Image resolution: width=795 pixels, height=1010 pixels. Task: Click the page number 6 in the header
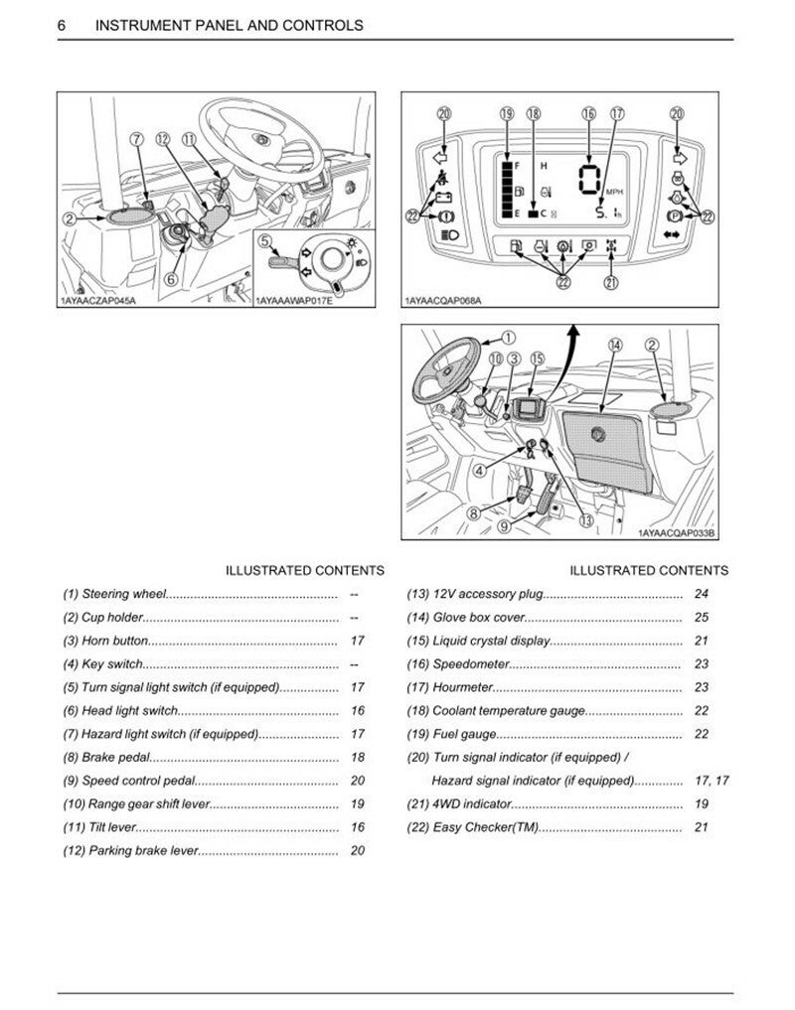pyautogui.click(x=63, y=25)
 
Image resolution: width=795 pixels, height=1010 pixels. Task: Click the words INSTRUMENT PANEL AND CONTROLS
pyautogui.click(x=229, y=25)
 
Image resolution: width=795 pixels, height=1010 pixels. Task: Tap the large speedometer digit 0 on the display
pyautogui.click(x=589, y=182)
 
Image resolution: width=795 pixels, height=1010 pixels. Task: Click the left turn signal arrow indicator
pyautogui.click(x=441, y=156)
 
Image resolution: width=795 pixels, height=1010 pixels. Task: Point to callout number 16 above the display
pyautogui.click(x=588, y=114)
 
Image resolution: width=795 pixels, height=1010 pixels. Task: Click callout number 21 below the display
pyautogui.click(x=610, y=283)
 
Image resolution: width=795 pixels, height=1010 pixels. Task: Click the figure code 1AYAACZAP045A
pyautogui.click(x=95, y=299)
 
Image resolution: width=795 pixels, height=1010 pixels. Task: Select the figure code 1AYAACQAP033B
pyautogui.click(x=677, y=533)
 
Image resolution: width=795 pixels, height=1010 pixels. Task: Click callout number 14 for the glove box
pyautogui.click(x=615, y=345)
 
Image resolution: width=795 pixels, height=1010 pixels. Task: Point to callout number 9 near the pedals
pyautogui.click(x=504, y=525)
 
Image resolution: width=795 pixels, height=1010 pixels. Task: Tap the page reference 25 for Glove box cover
pyautogui.click(x=702, y=617)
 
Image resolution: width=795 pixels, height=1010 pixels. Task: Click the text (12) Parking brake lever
pyautogui.click(x=130, y=850)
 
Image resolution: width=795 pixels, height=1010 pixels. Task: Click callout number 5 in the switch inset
pyautogui.click(x=265, y=240)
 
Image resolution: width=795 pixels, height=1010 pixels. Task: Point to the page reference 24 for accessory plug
pyautogui.click(x=702, y=594)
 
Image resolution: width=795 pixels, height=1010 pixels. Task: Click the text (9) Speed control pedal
pyautogui.click(x=129, y=781)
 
